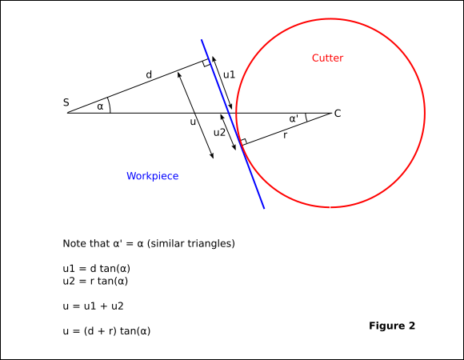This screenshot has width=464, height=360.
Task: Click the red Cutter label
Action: [x=327, y=58]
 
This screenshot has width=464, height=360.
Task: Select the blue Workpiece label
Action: [x=152, y=176]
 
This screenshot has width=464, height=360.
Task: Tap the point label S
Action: [x=66, y=102]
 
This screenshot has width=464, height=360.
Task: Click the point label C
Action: [x=338, y=114]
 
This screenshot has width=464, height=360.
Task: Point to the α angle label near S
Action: [x=100, y=106]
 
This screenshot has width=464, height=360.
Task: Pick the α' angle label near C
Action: [x=294, y=118]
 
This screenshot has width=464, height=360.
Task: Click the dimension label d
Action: [x=149, y=74]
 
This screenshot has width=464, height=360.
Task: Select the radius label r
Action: [x=285, y=135]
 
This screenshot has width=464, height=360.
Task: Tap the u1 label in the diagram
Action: [x=229, y=74]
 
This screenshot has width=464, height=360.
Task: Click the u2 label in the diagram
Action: [x=219, y=133]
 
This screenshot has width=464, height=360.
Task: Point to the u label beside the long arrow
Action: [x=193, y=122]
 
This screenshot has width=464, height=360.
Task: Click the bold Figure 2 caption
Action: [x=392, y=326]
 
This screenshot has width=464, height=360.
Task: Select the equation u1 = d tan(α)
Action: [x=97, y=269]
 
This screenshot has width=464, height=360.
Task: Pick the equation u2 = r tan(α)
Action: [x=95, y=281]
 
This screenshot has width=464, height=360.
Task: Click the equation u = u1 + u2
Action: [x=93, y=306]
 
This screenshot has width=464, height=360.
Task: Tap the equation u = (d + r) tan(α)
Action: [x=106, y=330]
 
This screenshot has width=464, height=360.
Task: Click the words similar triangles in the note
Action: [x=191, y=244]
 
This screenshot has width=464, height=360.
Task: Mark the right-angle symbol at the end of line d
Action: [x=206, y=62]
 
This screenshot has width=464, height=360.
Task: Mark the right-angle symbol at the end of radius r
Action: [x=243, y=142]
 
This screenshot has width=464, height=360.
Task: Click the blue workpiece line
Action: [x=233, y=124]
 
